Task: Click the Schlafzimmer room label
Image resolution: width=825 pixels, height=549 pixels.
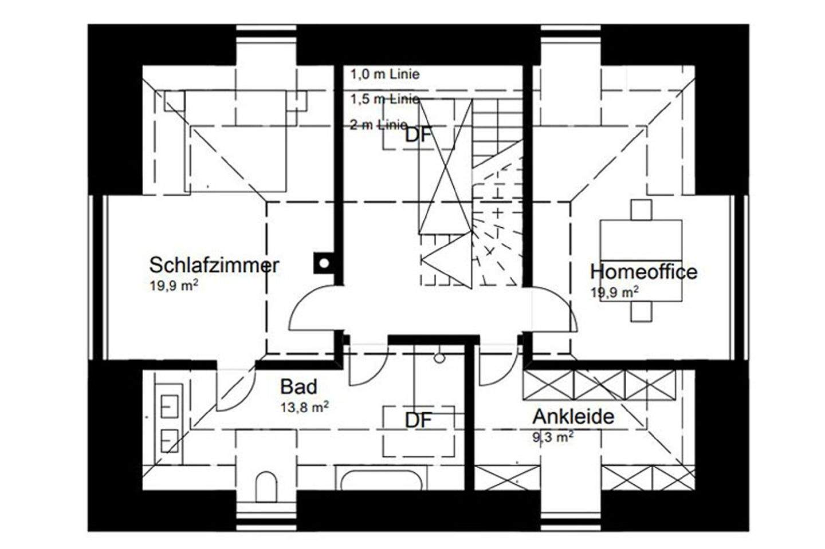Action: pos(214,265)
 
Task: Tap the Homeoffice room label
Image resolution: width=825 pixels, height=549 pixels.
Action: pos(643,271)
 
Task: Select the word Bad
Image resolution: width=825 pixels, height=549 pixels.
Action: pos(298,387)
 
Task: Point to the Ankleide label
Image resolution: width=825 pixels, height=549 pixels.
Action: pos(573,416)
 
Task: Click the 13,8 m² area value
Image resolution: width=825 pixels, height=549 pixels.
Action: pos(304,406)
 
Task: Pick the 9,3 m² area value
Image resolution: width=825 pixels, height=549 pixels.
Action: pos(553,438)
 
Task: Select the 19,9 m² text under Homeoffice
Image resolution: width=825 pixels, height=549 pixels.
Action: pos(615,292)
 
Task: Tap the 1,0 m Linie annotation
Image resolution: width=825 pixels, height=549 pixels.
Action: pos(385,74)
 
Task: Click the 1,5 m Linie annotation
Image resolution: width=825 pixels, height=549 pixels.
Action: pos(385,99)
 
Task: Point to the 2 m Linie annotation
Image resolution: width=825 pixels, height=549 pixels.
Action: pos(379,125)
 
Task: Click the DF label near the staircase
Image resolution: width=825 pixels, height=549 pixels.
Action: pos(418,136)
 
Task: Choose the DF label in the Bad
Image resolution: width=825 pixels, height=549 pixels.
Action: pos(418,420)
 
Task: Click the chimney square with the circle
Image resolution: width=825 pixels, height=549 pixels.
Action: pos(324,263)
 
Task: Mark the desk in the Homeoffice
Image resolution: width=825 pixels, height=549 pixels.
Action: pos(641,260)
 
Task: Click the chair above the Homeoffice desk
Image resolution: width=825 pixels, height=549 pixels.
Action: pos(641,210)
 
